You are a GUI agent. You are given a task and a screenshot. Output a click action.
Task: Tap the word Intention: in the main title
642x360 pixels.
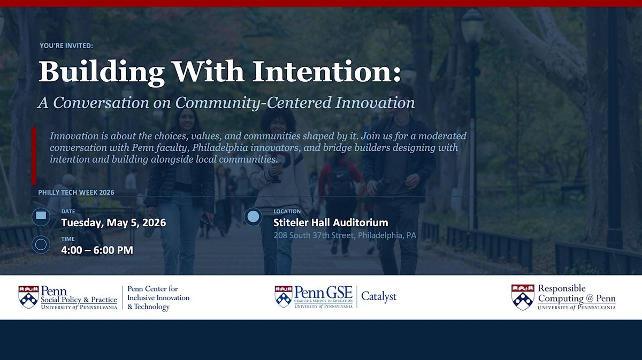coord(327,71)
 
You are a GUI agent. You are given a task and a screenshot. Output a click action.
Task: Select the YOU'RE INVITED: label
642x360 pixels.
coord(66,45)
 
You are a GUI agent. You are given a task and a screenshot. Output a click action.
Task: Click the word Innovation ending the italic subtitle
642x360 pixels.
coord(375,102)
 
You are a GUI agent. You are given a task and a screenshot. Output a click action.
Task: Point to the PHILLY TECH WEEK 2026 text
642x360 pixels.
coord(76,193)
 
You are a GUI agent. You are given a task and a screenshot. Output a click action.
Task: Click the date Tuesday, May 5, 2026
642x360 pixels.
coord(113,223)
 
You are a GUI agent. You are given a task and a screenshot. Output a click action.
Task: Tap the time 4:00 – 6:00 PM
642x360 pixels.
coord(97,250)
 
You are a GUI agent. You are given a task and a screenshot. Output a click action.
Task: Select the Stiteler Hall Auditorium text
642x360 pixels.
coord(331,223)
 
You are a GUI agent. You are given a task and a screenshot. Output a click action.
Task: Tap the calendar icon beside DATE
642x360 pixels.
coord(41,217)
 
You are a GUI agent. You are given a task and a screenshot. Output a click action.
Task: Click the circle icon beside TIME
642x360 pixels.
coord(41,244)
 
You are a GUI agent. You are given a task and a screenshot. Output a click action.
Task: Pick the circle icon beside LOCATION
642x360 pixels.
coord(253,217)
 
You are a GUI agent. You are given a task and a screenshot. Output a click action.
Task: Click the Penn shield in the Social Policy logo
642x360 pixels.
coord(28,297)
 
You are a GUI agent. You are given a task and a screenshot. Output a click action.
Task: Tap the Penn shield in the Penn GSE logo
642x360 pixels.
coord(284,297)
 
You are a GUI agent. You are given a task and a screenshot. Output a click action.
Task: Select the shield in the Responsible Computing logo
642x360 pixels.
coord(523,297)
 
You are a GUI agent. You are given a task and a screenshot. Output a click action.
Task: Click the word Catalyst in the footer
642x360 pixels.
coord(379,296)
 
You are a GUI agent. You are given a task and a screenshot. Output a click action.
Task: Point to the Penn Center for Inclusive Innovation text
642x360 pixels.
coord(158,293)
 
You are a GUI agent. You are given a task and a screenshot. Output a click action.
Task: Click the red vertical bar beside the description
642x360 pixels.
coord(34,156)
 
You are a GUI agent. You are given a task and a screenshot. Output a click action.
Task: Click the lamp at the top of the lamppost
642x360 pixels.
coord(472,25)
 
